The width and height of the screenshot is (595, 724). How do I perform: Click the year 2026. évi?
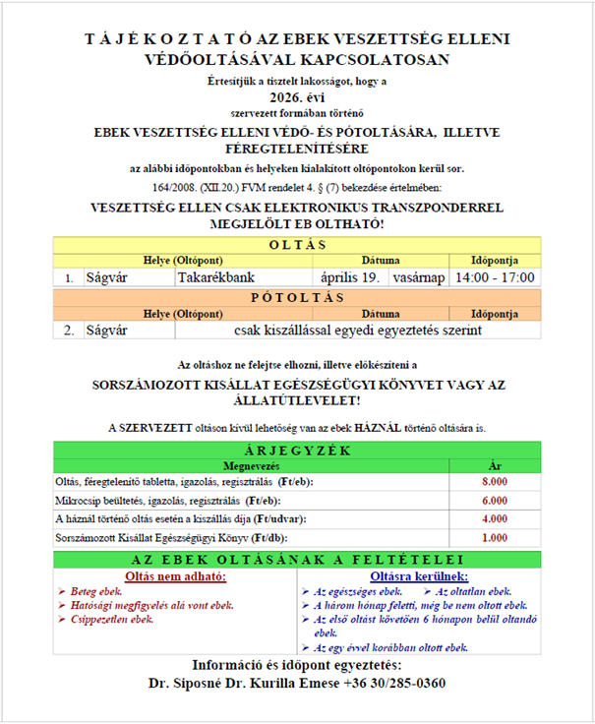coord(297,97)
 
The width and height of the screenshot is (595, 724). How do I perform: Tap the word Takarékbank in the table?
coord(216,278)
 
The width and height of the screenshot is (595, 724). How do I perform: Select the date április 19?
coord(351,278)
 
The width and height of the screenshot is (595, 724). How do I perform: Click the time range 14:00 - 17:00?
coord(494,278)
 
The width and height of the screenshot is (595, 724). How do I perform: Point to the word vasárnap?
coord(418,278)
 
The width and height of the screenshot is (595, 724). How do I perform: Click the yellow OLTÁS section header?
coord(297,244)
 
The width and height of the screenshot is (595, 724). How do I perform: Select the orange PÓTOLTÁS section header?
coord(297,297)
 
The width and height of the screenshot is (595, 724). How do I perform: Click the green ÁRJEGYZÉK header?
coord(297,450)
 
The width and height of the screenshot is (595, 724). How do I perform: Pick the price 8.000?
coord(495,481)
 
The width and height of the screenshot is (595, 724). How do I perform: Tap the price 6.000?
coord(495,500)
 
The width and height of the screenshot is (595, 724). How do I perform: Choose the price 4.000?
coord(495,518)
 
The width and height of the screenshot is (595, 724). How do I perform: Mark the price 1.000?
coord(495,538)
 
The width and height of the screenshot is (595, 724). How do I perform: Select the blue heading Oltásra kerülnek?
coord(419,575)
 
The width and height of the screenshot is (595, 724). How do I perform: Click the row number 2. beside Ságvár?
coord(69,332)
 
